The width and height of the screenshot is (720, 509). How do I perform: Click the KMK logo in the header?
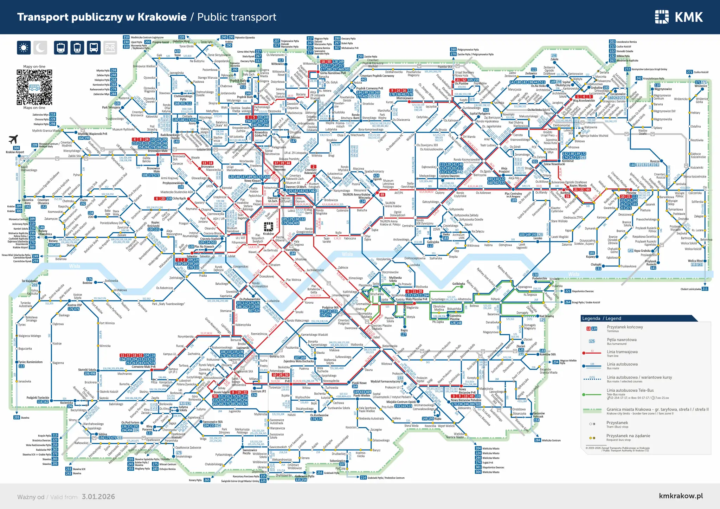[679, 17]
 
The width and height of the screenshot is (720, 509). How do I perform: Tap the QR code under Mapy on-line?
[34, 87]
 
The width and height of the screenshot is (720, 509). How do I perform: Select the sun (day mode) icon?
[24, 47]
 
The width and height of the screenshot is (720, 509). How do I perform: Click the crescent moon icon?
[40, 47]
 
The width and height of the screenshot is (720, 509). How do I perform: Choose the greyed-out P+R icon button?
[110, 47]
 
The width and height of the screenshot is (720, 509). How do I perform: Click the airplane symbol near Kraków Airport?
[13, 139]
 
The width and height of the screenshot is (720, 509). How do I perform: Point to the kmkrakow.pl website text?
[681, 496]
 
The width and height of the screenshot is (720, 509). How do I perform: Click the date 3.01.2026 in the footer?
[98, 497]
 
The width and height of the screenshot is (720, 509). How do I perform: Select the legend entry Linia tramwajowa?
[622, 352]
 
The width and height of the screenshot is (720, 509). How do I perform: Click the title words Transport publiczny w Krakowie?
[102, 17]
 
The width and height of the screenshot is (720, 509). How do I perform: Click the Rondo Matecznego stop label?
[297, 321]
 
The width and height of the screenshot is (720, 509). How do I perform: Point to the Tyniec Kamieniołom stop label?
[30, 362]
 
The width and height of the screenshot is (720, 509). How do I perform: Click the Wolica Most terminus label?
[695, 261]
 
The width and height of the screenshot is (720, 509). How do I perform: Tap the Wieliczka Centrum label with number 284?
[551, 440]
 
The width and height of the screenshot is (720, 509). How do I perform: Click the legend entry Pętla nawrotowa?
[622, 340]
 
